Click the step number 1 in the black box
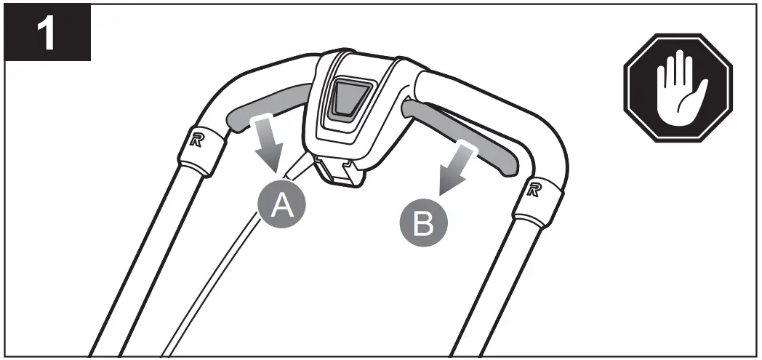tap(48, 34)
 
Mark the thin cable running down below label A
tap(218, 276)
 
